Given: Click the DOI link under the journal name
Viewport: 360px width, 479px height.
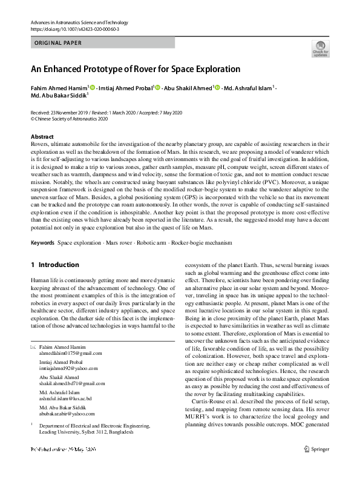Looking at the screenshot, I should [74, 29].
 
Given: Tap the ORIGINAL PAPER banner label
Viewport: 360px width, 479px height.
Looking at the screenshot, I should [58, 43].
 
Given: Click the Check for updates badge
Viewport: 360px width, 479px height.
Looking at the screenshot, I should [319, 49].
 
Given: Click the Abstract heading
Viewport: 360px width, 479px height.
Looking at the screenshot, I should [42, 137].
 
